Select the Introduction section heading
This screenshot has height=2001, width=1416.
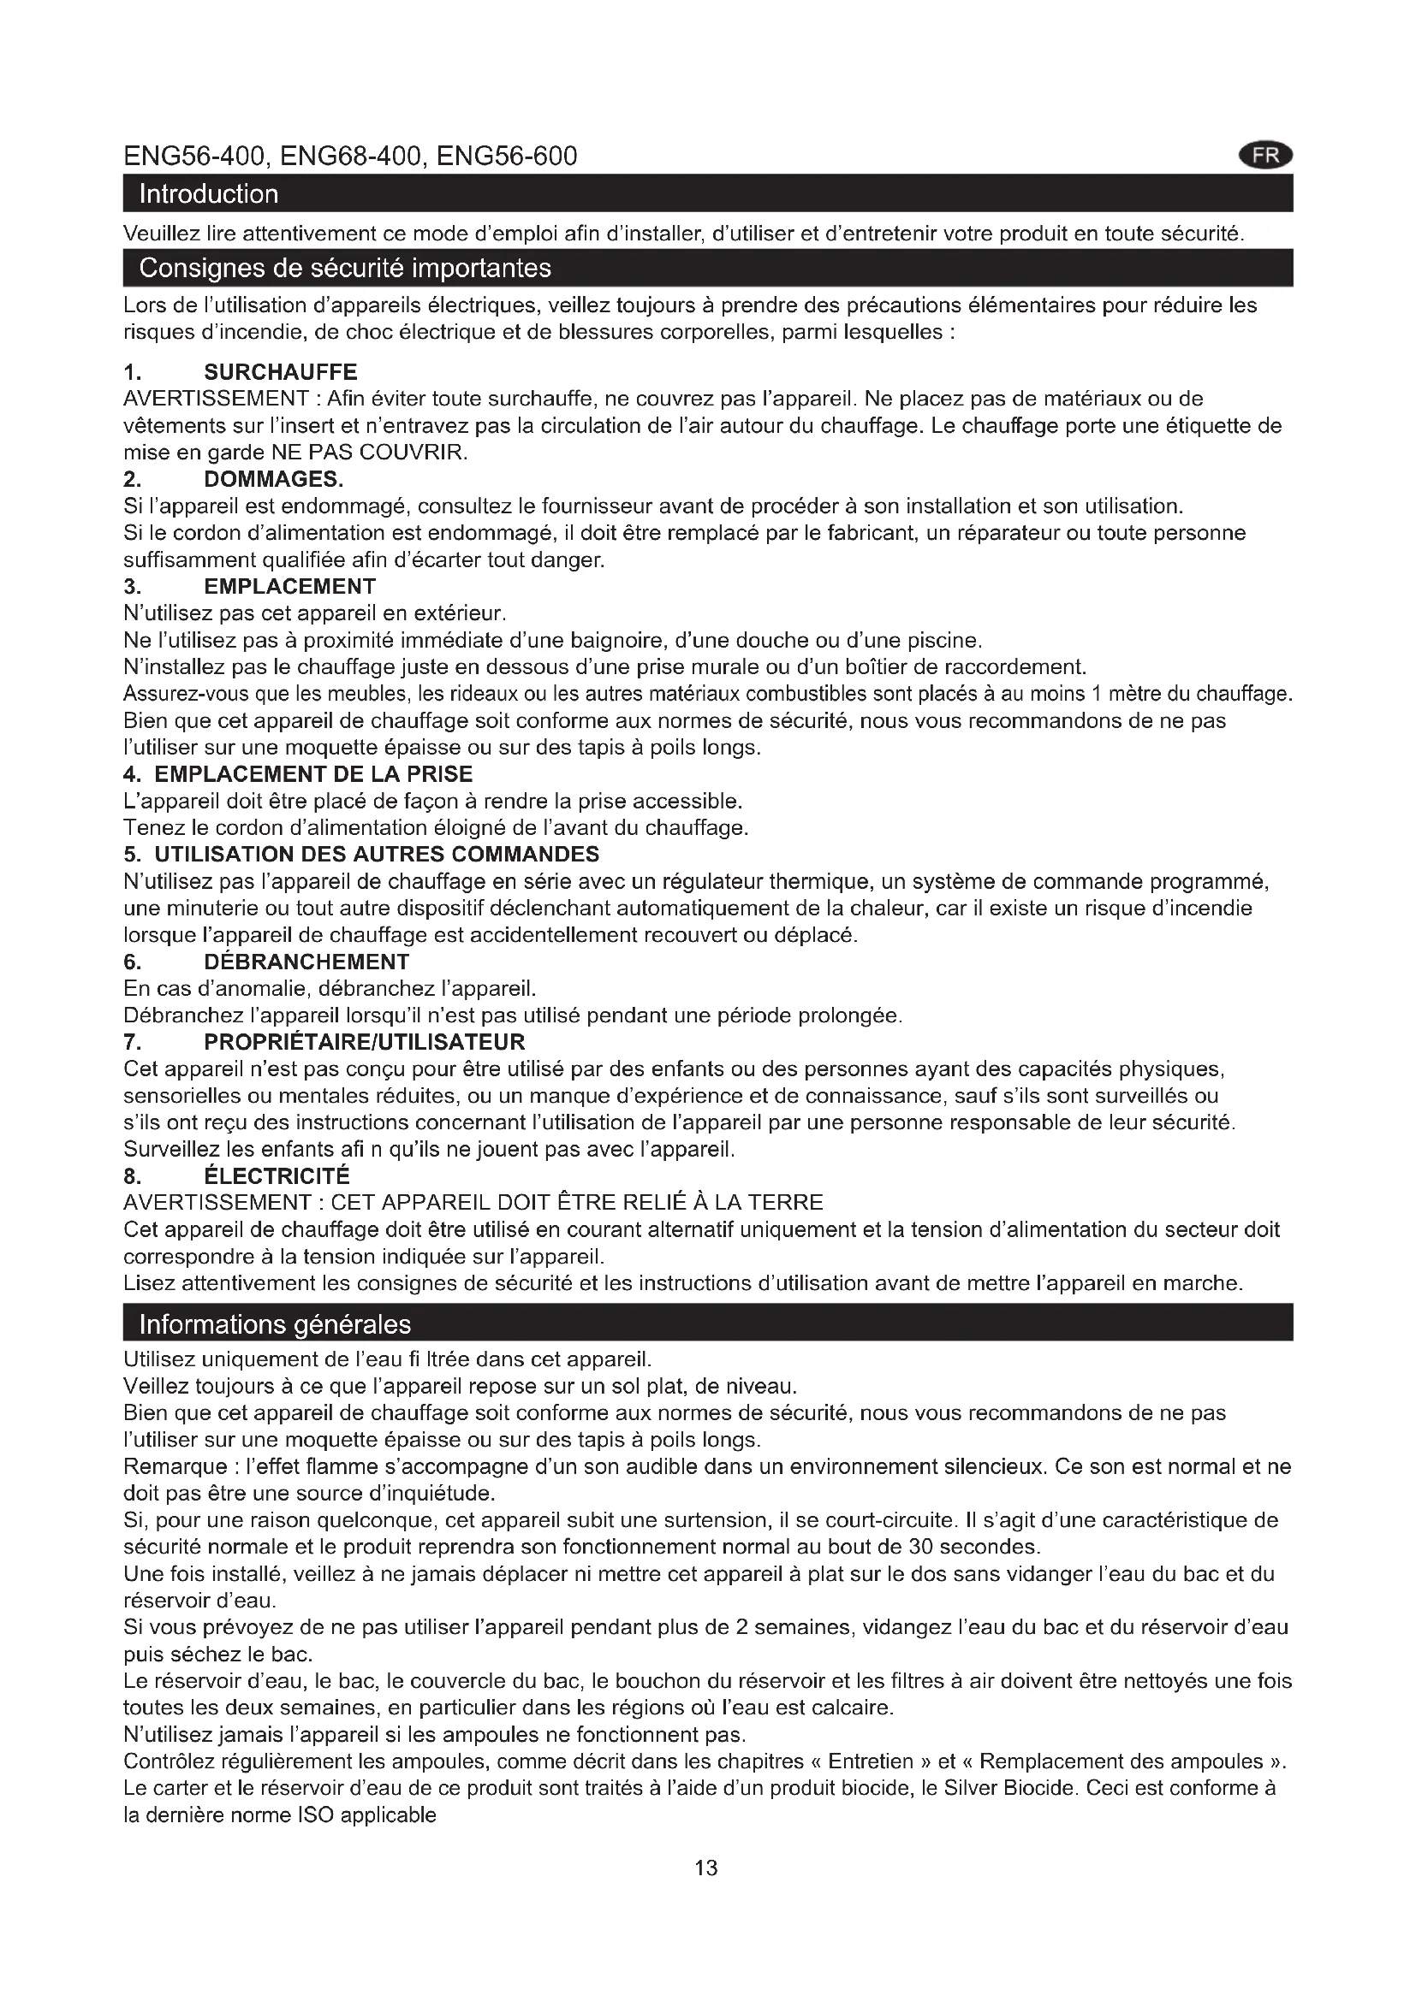209,193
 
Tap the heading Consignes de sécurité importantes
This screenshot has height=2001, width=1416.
345,268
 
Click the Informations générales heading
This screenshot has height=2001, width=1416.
275,1323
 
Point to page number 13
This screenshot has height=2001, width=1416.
706,1868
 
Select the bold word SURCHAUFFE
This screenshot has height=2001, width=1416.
281,372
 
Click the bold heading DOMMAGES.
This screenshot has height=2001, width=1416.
274,479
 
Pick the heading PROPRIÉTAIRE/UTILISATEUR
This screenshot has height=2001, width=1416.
365,1042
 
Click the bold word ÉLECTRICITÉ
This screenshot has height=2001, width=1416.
277,1176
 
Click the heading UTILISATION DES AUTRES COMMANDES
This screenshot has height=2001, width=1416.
377,854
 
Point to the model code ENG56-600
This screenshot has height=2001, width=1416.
507,156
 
